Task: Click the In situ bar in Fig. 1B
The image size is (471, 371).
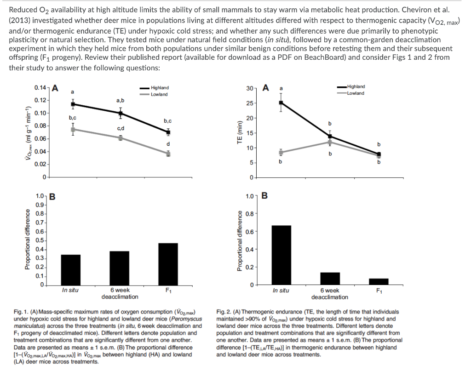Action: click(70, 270)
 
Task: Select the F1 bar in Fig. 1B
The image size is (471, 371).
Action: click(168, 264)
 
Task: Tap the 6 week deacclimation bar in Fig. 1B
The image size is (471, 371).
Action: click(120, 268)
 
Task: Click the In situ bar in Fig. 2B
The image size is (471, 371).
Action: click(281, 255)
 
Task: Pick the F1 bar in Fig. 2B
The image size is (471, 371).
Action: click(379, 281)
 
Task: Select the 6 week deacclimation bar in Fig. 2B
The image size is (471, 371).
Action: click(330, 279)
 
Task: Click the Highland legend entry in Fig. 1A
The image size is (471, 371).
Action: click(159, 88)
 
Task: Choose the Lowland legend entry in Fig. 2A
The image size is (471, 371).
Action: click(355, 93)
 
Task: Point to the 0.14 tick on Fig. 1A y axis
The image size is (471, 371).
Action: click(40, 87)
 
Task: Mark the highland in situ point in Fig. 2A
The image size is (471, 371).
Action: click(281, 103)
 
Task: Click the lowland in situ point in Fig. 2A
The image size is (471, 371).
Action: click(281, 152)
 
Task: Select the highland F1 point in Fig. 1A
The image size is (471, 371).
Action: click(168, 132)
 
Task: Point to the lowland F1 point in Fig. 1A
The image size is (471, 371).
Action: click(168, 154)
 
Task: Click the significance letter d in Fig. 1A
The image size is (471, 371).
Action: click(168, 144)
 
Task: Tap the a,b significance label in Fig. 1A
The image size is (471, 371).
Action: click(120, 100)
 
